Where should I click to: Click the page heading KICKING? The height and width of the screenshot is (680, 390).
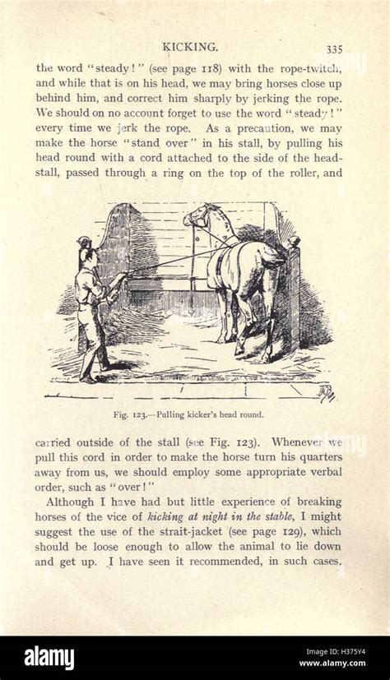(x=189, y=47)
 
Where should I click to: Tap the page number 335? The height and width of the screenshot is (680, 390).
(x=334, y=49)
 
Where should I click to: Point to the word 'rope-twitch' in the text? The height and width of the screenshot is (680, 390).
(x=306, y=69)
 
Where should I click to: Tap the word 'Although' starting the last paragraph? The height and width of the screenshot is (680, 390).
(x=72, y=502)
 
